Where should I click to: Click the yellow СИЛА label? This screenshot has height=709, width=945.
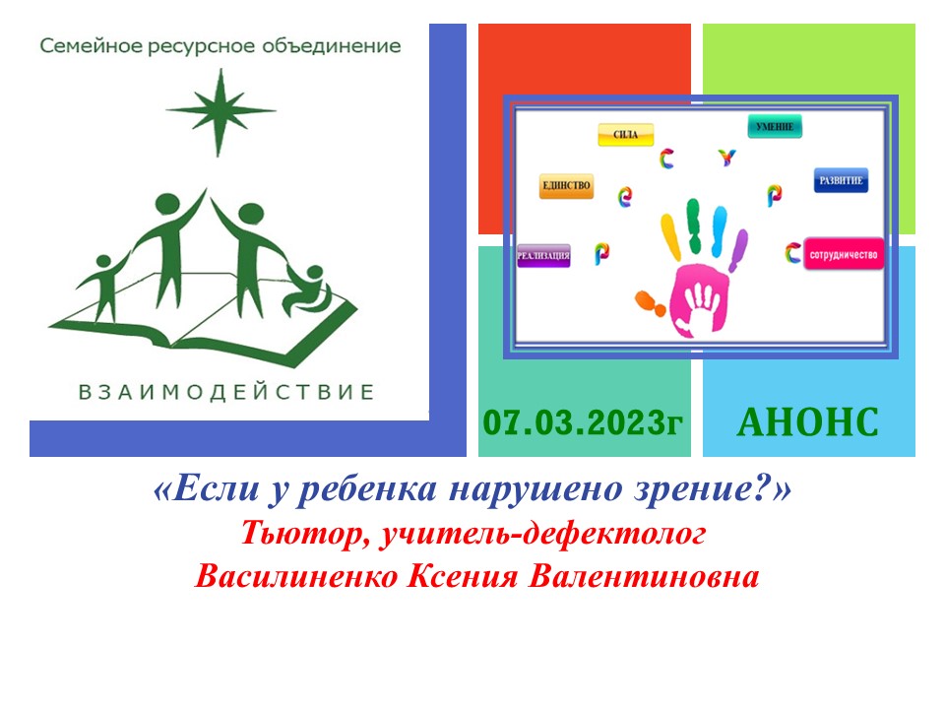pos(626,135)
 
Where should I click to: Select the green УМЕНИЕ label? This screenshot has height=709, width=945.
pos(776,126)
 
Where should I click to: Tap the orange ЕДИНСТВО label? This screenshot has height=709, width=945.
pos(566,185)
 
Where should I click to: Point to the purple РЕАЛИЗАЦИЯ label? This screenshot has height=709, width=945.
pos(543,256)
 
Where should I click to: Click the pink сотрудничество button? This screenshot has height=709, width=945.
pos(844,253)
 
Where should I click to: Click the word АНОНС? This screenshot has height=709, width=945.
pos(807,422)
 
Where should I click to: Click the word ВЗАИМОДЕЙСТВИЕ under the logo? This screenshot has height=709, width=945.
pos(227,392)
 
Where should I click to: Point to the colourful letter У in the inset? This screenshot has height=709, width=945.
pos(727,157)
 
